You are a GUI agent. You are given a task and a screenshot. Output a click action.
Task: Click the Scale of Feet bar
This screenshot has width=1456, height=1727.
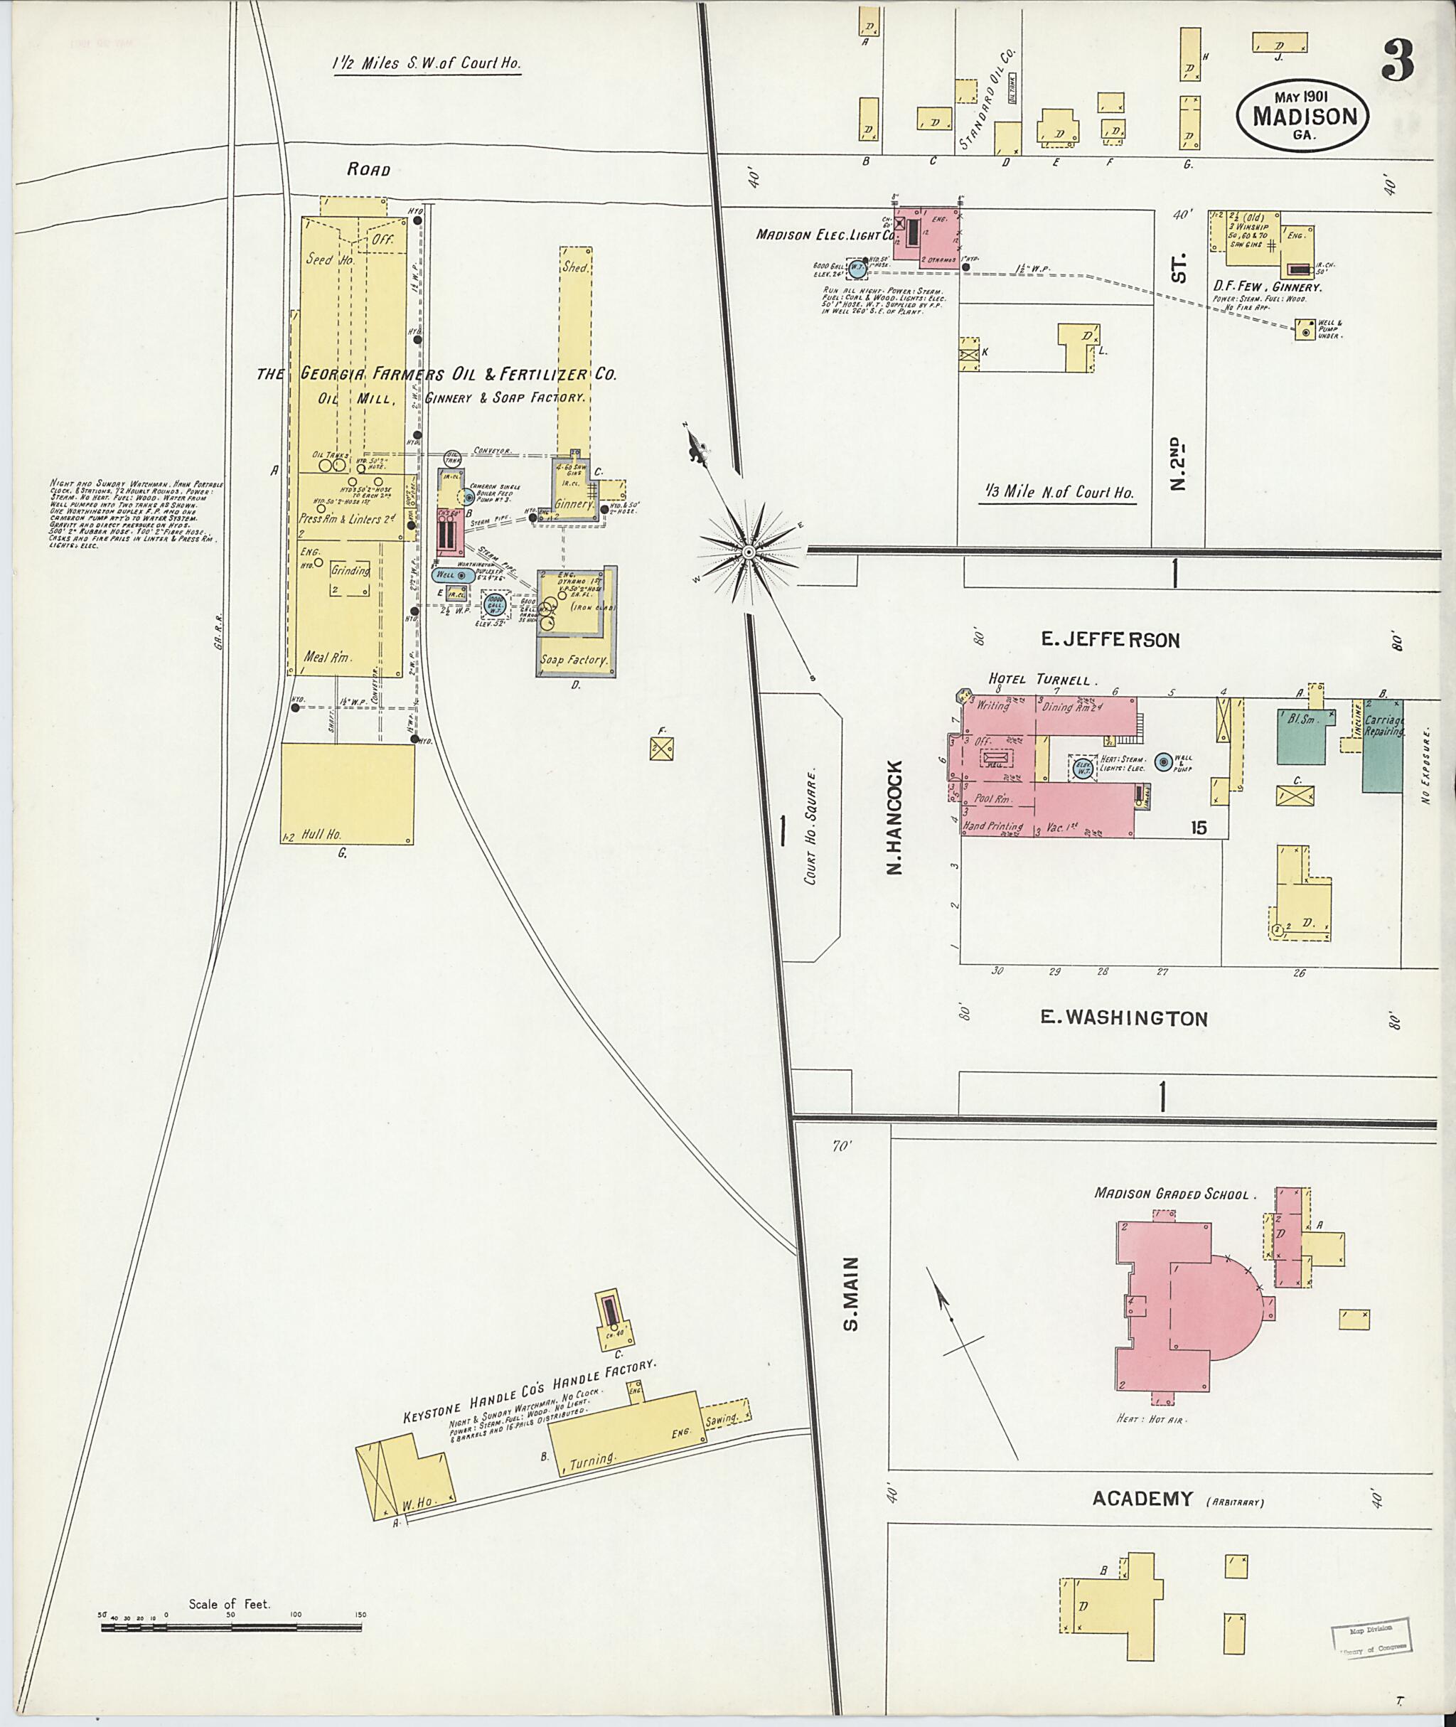(231, 1627)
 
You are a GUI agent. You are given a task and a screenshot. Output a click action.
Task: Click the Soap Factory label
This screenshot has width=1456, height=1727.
(574, 660)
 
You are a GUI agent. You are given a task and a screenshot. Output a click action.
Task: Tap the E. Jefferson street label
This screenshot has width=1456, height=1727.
(1110, 640)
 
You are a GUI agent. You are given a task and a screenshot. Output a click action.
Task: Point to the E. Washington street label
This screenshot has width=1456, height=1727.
(1123, 1019)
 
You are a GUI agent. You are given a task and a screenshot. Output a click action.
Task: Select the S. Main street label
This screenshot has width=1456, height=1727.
(851, 1305)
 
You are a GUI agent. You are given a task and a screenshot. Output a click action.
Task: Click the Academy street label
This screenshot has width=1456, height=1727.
(1143, 1498)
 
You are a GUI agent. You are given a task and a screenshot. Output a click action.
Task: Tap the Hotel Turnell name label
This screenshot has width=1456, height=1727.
(1044, 680)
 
